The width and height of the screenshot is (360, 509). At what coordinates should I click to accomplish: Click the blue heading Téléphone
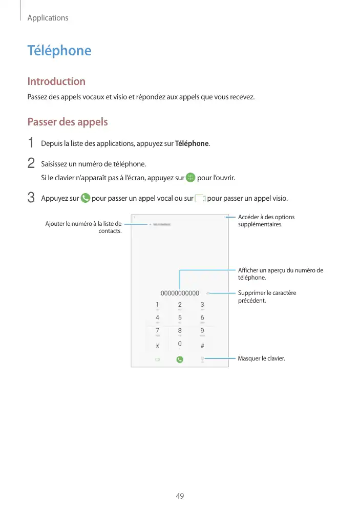pyautogui.click(x=59, y=51)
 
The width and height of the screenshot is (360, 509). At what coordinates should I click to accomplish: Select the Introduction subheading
pyautogui.click(x=56, y=81)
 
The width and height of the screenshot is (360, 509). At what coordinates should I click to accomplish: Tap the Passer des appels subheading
pyautogui.click(x=67, y=122)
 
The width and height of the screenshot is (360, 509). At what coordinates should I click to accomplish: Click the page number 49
pyautogui.click(x=180, y=496)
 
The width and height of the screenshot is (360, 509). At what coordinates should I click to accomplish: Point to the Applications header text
pyautogui.click(x=48, y=18)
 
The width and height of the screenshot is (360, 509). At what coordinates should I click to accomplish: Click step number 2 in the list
pyautogui.click(x=31, y=164)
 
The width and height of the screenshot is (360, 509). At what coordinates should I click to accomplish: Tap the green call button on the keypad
pyautogui.click(x=180, y=359)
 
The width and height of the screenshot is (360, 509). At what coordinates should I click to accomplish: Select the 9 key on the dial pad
pyautogui.click(x=202, y=331)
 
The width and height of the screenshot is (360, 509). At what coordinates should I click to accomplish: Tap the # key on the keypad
pyautogui.click(x=202, y=345)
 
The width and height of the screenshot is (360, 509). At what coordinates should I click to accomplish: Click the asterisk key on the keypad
pyautogui.click(x=157, y=345)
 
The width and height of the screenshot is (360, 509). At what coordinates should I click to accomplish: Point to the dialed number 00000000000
pyautogui.click(x=180, y=293)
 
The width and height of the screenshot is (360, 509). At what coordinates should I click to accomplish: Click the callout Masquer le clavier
pyautogui.click(x=261, y=358)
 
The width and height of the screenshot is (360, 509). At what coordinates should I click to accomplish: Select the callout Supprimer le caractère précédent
pyautogui.click(x=267, y=296)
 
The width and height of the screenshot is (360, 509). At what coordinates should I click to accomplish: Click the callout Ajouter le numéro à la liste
pyautogui.click(x=83, y=227)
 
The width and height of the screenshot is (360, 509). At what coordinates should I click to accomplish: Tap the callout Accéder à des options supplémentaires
pyautogui.click(x=266, y=221)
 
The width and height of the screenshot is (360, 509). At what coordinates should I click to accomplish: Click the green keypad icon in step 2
pyautogui.click(x=190, y=178)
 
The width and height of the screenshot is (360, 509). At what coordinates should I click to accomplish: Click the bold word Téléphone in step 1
pyautogui.click(x=192, y=143)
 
